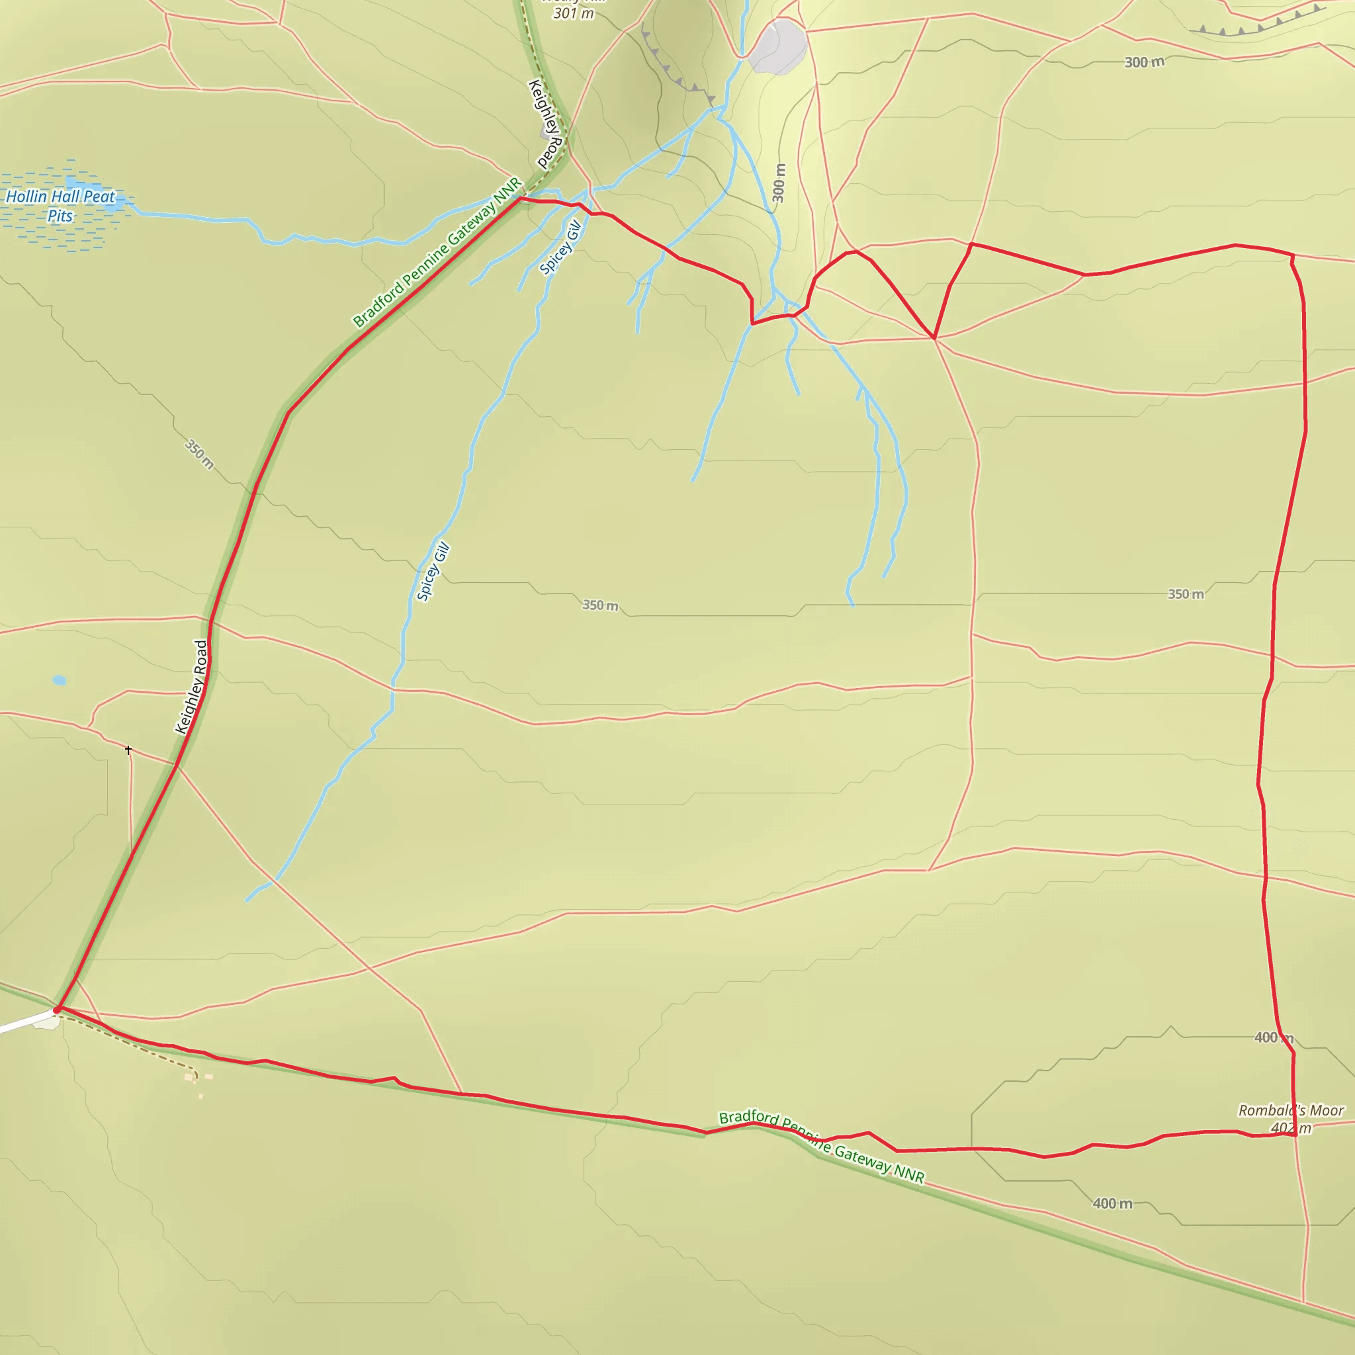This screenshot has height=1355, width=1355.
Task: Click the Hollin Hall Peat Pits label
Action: pyautogui.click(x=60, y=206)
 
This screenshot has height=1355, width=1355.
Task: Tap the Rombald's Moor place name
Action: pyautogui.click(x=1290, y=1110)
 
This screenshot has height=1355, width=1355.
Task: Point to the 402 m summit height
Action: pyautogui.click(x=1290, y=1128)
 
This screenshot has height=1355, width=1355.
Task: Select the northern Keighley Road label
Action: pyautogui.click(x=546, y=124)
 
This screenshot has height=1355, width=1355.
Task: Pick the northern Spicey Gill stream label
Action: pyautogui.click(x=560, y=247)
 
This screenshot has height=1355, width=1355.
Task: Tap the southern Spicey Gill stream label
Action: pyautogui.click(x=433, y=572)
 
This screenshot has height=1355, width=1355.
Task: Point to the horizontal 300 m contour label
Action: pyautogui.click(x=1144, y=62)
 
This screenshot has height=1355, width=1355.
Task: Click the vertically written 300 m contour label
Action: pyautogui.click(x=779, y=183)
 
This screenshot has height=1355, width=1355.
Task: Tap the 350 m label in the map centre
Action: pyautogui.click(x=600, y=605)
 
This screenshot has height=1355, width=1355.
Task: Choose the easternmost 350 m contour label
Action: pyautogui.click(x=1185, y=594)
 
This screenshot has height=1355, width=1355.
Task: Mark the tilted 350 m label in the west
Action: pyautogui.click(x=199, y=454)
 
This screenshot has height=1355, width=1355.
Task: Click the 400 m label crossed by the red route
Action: pyautogui.click(x=1274, y=1037)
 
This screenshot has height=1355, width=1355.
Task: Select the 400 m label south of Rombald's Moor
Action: pyautogui.click(x=1112, y=1203)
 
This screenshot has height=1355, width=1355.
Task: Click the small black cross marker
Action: pyautogui.click(x=128, y=750)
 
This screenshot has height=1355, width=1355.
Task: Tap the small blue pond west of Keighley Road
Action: pyautogui.click(x=60, y=679)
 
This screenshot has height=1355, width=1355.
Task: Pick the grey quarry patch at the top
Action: pyautogui.click(x=778, y=46)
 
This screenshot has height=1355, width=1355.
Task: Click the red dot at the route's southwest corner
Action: pyautogui.click(x=57, y=1010)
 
